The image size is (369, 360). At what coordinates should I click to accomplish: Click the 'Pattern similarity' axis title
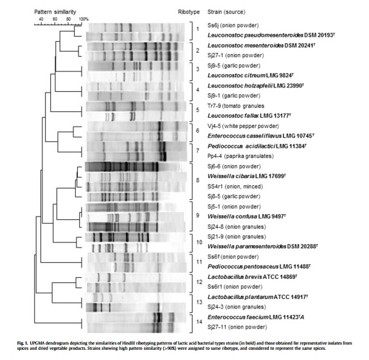pyautogui.click(x=55, y=12)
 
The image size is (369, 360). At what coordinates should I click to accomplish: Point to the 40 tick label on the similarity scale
pyautogui.click(x=41, y=19)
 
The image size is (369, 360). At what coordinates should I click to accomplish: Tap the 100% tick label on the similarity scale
pyautogui.click(x=84, y=19)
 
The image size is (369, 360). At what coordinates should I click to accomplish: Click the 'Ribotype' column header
pyautogui.click(x=189, y=12)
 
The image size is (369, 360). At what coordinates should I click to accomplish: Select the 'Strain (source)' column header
pyautogui.click(x=226, y=12)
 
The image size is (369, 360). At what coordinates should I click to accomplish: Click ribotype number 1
pyautogui.click(x=197, y=29)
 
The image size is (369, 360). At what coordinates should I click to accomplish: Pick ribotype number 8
pyautogui.click(x=198, y=180)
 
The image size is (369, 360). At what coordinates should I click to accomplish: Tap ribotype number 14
pyautogui.click(x=199, y=321)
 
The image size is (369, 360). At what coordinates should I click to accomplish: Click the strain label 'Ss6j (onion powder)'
pyautogui.click(x=233, y=26)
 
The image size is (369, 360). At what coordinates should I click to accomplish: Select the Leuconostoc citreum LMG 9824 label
pyautogui.click(x=251, y=75)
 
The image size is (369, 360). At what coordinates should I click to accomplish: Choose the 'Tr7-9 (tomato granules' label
pyautogui.click(x=236, y=106)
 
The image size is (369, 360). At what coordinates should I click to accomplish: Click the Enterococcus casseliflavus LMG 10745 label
pyautogui.click(x=261, y=136)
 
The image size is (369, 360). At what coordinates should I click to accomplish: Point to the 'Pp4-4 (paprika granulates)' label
pyautogui.click(x=240, y=156)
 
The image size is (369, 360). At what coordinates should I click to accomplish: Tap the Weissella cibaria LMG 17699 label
pyautogui.click(x=247, y=176)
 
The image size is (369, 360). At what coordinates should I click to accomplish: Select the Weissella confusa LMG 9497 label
pyautogui.click(x=247, y=216)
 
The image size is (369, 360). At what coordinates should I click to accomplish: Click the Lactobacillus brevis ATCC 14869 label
pyautogui.click(x=252, y=277)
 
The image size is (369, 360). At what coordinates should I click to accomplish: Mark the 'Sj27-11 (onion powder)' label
pyautogui.click(x=237, y=327)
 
